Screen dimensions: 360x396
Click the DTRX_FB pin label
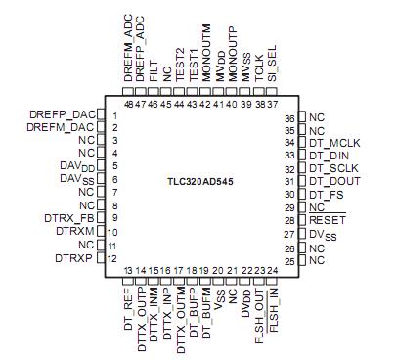[x=70, y=217]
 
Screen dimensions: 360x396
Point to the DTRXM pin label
[x=75, y=230]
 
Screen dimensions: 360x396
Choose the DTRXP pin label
[x=75, y=257]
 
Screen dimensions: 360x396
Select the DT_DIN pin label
[x=332, y=156]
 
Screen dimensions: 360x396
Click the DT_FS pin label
[x=330, y=194]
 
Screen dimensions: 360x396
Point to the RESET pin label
[x=329, y=220]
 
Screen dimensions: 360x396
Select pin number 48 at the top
[x=128, y=104]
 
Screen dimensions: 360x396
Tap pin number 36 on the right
[x=290, y=117]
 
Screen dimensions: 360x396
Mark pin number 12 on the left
[x=114, y=258]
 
